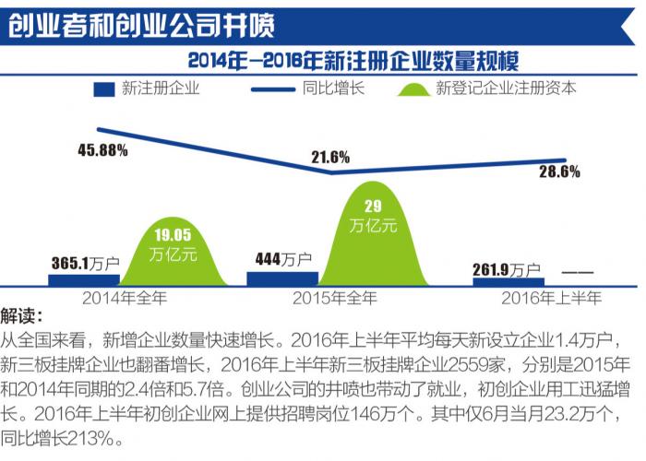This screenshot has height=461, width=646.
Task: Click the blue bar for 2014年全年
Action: point(84,278)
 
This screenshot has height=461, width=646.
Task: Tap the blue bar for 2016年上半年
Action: point(508,280)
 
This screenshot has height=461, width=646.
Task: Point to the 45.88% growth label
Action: point(103,150)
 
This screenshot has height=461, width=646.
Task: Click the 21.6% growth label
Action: point(329,157)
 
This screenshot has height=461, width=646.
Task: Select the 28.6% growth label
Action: point(559,172)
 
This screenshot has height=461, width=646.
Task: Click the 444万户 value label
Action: point(285,260)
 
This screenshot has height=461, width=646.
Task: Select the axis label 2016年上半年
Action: point(551,298)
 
